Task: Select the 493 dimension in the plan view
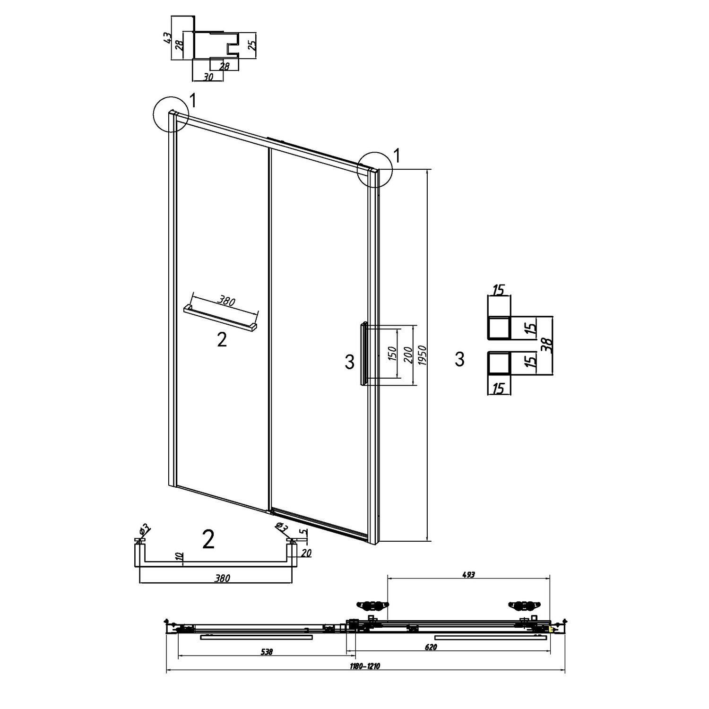pyautogui.click(x=468, y=575)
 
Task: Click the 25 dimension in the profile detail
pyautogui.click(x=252, y=45)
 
